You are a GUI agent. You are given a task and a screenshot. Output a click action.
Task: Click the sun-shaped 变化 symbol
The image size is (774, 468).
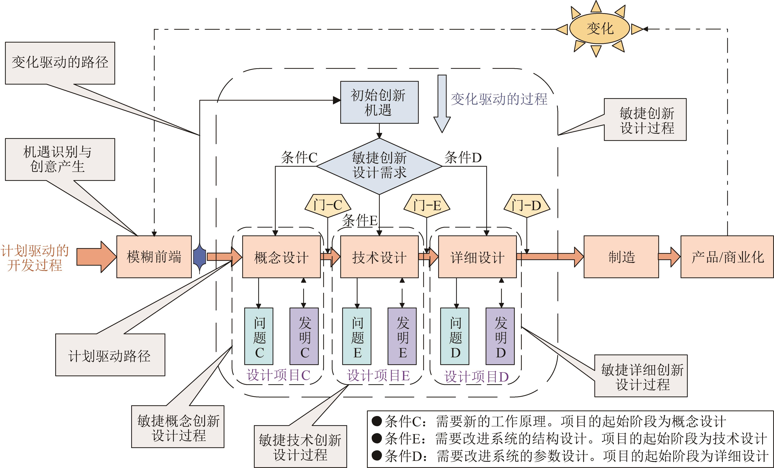click(x=599, y=29)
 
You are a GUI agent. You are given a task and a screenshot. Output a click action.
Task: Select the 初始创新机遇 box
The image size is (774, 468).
click(x=379, y=102)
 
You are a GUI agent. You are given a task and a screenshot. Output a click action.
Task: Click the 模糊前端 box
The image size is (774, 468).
click(x=154, y=257)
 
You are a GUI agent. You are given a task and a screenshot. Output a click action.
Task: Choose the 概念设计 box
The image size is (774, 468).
click(x=281, y=257)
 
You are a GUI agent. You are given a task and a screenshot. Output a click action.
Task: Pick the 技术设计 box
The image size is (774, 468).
click(x=379, y=257)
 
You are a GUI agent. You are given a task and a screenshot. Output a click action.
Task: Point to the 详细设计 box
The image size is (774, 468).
click(x=477, y=257)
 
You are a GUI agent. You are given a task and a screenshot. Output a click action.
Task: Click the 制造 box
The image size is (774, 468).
click(x=621, y=257)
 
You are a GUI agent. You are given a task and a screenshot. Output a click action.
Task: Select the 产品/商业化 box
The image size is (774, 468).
click(x=727, y=257)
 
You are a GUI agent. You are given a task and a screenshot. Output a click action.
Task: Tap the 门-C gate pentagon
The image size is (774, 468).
click(x=328, y=205)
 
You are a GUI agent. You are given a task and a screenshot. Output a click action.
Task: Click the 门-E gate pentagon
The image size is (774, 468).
click(x=427, y=205)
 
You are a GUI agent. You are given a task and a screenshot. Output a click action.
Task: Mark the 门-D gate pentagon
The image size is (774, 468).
click(x=527, y=205)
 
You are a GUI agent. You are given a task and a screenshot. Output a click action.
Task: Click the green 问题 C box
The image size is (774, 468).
click(x=259, y=336)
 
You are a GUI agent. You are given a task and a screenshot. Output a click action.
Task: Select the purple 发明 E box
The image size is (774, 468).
click(x=402, y=336)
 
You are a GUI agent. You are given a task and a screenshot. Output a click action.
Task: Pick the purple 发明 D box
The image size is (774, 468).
click(x=500, y=336)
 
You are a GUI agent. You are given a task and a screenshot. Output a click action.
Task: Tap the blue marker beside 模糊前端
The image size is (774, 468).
click(x=199, y=257)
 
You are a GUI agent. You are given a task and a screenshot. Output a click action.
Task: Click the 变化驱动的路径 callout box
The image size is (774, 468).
click(x=60, y=63)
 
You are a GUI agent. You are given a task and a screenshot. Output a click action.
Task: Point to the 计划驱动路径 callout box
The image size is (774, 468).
click(x=110, y=354)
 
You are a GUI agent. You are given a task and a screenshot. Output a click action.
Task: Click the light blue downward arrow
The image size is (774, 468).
click(x=442, y=104)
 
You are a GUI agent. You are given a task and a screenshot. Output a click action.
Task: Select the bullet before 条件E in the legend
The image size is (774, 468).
click(x=377, y=438)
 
